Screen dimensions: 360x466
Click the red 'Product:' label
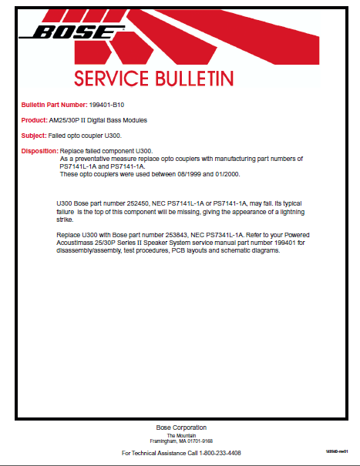[x=34, y=120]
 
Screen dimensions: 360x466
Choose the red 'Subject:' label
[x=34, y=136]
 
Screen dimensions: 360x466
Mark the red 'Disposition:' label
[x=39, y=151]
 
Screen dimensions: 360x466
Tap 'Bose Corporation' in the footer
[x=180, y=427]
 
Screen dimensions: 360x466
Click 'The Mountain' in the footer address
[x=180, y=435]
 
